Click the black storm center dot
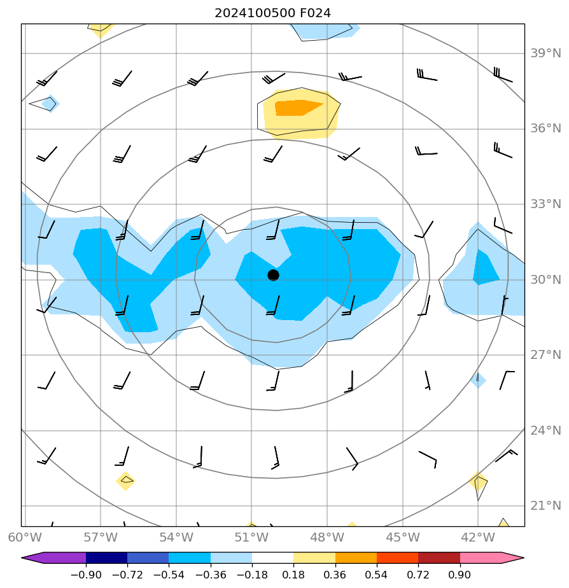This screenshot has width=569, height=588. click(273, 275)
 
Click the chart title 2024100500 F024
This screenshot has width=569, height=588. click(272, 13)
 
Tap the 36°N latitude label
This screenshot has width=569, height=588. click(546, 129)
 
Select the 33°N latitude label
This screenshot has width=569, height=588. click(546, 204)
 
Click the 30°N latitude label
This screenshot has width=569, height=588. click(546, 280)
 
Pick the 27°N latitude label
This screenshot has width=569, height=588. click(546, 355)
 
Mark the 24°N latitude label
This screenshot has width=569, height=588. click(546, 431)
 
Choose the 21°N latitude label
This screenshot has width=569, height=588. click(546, 506)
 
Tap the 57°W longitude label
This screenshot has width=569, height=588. click(101, 537)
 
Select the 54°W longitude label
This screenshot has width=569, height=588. click(176, 537)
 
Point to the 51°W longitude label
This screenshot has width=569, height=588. click(251, 537)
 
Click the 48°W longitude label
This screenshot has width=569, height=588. click(327, 537)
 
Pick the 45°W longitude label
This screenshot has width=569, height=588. click(402, 537)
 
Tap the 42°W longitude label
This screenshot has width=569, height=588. click(478, 537)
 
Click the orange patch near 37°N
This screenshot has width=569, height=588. click(297, 108)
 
